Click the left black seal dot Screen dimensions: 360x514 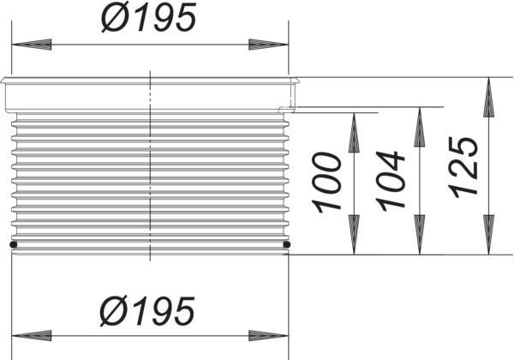click(13, 246)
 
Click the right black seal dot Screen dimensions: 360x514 click(286, 246)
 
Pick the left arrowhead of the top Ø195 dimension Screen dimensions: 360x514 click(29, 44)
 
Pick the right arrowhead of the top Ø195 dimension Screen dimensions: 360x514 click(269, 44)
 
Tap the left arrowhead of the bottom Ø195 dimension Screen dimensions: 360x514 click(29, 334)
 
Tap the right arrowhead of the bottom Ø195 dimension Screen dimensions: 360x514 click(269, 334)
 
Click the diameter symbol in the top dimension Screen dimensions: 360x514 click(114, 17)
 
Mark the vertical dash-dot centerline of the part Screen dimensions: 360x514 click(150, 171)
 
